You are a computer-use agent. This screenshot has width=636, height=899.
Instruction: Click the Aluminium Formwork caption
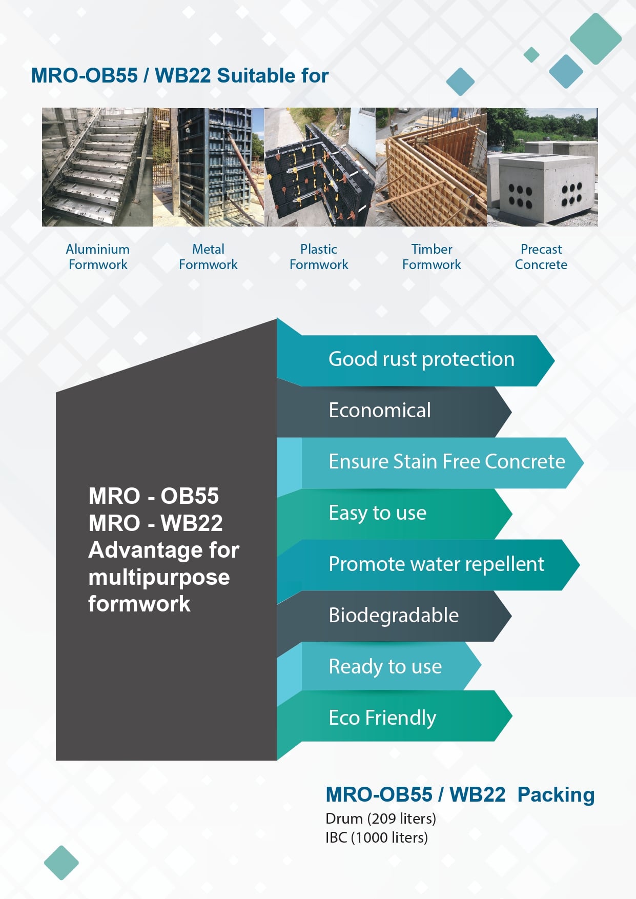(97, 257)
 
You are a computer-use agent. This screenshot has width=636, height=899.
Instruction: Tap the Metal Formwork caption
(208, 257)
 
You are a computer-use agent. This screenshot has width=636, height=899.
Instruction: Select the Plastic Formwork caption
(319, 257)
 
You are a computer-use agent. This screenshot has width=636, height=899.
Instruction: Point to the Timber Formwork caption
(432, 257)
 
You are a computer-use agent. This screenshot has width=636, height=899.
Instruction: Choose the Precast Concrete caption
(541, 257)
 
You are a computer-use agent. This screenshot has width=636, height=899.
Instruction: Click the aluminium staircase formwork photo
(97, 167)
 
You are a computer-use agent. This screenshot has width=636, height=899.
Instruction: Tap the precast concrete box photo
(542, 167)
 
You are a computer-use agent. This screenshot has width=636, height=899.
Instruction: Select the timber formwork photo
(431, 167)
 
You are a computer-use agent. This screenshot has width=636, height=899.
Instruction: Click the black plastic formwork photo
(320, 167)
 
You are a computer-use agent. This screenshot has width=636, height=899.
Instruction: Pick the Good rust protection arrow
(416, 360)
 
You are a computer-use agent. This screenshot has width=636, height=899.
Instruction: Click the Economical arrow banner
(394, 412)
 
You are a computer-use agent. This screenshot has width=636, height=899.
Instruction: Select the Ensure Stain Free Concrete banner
(430, 463)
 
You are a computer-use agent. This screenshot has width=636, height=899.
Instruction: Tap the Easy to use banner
(395, 514)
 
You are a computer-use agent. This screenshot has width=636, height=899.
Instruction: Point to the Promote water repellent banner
(428, 565)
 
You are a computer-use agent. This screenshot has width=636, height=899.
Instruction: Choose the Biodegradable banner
(394, 616)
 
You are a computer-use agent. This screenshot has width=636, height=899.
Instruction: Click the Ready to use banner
(379, 666)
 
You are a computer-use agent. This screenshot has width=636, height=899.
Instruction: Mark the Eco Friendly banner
(395, 716)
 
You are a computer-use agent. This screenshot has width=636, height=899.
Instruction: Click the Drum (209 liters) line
(381, 819)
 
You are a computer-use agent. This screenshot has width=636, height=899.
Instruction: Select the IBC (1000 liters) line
(377, 837)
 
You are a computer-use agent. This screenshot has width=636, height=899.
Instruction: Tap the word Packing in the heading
(556, 795)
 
